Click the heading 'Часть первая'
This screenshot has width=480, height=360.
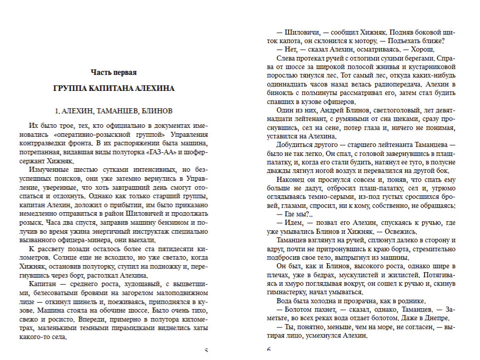[114, 73]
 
